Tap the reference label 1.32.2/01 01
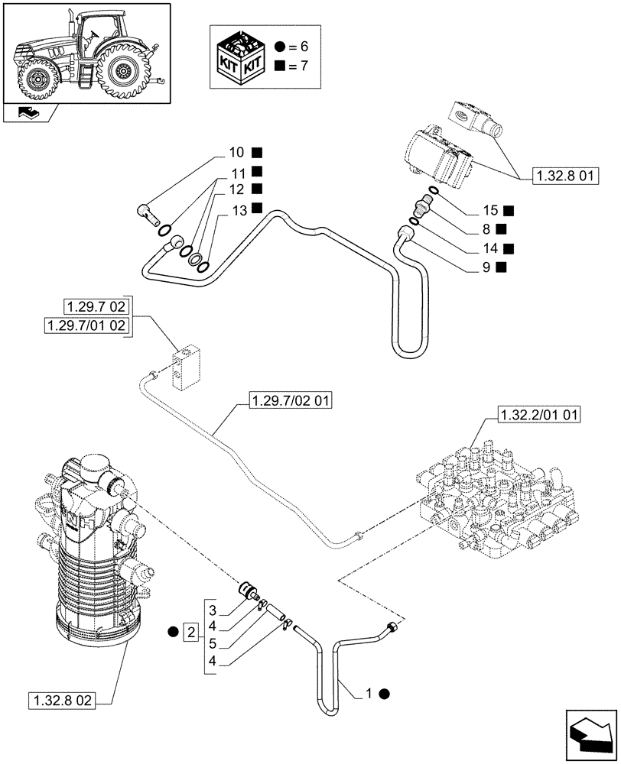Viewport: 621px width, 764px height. (539, 416)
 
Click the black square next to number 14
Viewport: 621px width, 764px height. (509, 248)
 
